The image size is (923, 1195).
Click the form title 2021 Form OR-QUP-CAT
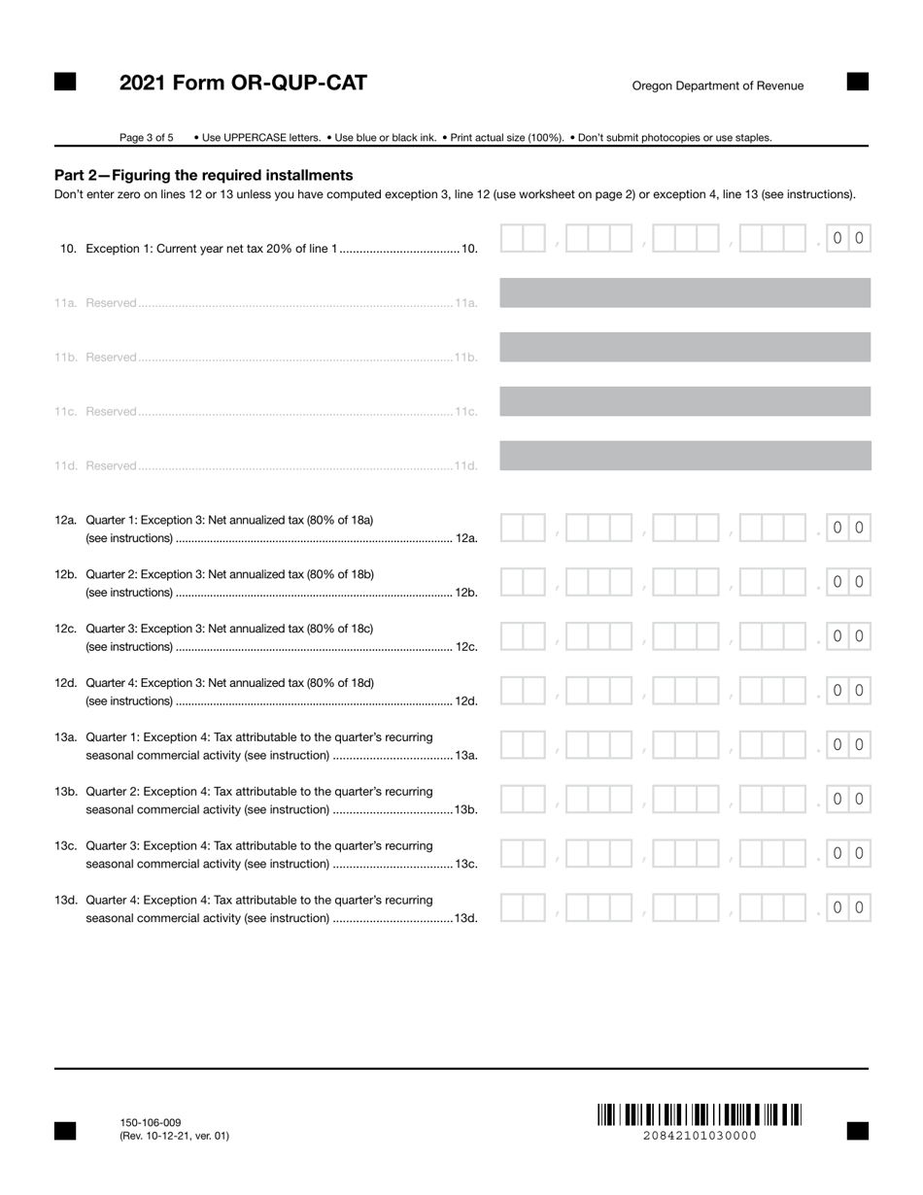243,84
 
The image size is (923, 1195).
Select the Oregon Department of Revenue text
717,85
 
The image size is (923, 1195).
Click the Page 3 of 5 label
147,138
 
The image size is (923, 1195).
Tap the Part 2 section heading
203,175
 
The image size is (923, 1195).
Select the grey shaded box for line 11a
684,292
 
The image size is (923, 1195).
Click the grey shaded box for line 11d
684,456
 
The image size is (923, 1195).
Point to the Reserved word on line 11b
111,358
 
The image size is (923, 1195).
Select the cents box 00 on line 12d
847,691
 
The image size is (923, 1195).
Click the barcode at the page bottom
699,1114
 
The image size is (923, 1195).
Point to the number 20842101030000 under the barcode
699,1136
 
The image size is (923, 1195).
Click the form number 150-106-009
151,1122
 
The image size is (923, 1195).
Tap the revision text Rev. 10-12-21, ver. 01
175,1136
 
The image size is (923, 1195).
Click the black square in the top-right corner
857,82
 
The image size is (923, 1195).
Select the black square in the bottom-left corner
65,1130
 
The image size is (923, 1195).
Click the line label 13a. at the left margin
66,737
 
